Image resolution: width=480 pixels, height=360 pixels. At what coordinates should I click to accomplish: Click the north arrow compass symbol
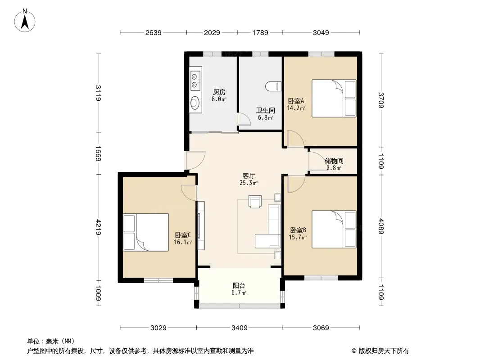[x=25, y=20]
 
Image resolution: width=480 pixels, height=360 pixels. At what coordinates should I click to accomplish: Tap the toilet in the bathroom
[x=273, y=86]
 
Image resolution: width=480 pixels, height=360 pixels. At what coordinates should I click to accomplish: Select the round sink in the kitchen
[x=195, y=103]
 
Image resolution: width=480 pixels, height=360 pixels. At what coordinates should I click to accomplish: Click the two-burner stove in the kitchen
[x=195, y=81]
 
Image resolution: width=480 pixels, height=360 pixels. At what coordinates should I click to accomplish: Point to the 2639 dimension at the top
[x=154, y=32]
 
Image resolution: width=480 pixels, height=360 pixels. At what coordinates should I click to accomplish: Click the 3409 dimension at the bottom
[x=239, y=328]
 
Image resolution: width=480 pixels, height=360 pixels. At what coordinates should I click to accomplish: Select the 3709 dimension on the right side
[x=381, y=100]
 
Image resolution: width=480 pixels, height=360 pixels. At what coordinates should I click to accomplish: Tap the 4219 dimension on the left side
[x=98, y=227]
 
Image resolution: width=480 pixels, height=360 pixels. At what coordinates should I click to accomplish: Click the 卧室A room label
[x=296, y=101]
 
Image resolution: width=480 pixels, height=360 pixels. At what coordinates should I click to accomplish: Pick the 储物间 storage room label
[x=334, y=161]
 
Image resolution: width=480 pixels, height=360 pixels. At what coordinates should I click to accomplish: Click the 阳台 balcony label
[x=239, y=286]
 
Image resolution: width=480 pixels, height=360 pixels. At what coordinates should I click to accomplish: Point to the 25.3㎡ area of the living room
[x=249, y=183]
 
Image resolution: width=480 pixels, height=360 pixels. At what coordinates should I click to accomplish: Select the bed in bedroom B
[x=334, y=229]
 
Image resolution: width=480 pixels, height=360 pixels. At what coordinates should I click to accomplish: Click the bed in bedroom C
[x=146, y=233]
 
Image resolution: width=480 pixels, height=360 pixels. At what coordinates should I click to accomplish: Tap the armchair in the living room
[x=255, y=202]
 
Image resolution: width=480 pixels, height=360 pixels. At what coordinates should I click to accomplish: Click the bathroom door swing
[x=245, y=119]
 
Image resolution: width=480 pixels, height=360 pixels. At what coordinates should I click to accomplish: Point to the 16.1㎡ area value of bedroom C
[x=183, y=242]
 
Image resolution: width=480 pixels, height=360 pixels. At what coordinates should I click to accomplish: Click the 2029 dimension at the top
[x=212, y=32]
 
